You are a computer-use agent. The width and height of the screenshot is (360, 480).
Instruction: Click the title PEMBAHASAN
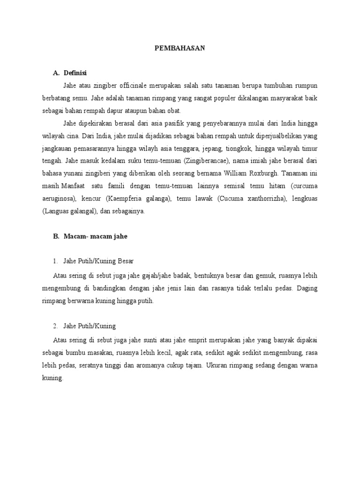[x=180, y=48]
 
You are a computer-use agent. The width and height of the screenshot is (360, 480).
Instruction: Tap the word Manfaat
[x=75, y=186]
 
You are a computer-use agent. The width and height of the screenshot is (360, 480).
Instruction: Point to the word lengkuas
[x=304, y=199]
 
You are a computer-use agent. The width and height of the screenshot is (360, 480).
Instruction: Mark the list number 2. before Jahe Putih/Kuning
[x=55, y=325]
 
